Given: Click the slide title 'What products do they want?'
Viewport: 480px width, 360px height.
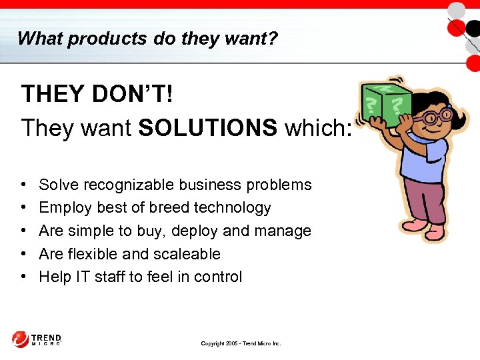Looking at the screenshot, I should click(147, 38).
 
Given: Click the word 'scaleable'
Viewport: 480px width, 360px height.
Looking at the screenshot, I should click(189, 254).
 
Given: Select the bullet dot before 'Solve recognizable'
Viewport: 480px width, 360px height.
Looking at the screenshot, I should click(23, 185).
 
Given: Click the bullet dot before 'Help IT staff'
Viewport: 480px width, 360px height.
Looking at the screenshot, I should click(23, 277).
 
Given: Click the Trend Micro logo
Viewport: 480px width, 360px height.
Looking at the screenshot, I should click(37, 339).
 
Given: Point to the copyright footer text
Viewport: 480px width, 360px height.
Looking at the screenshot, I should click(241, 343).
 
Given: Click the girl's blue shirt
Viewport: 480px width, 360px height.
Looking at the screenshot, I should click(427, 157).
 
